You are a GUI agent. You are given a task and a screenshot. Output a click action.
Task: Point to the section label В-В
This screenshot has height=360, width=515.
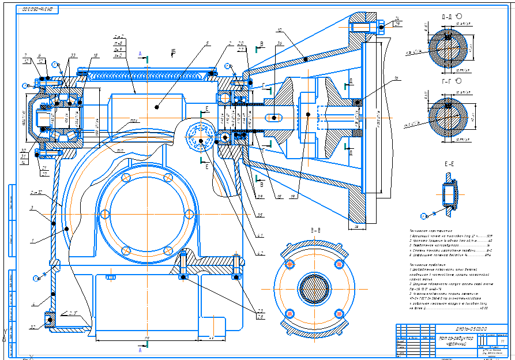pyautogui.click(x=316, y=231)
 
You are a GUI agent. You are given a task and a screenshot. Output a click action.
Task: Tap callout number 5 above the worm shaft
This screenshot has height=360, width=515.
pyautogui.click(x=206, y=43)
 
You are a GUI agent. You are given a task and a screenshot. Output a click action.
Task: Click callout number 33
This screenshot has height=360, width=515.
pyautogui.click(x=73, y=55)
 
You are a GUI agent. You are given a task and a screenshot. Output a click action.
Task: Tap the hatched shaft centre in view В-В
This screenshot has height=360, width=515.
pyautogui.click(x=314, y=287)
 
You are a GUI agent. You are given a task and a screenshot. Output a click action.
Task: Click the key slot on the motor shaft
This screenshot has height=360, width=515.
pyautogui.click(x=273, y=118)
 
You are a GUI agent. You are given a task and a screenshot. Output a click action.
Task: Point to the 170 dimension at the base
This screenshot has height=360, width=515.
pyautogui.click(x=148, y=337)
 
